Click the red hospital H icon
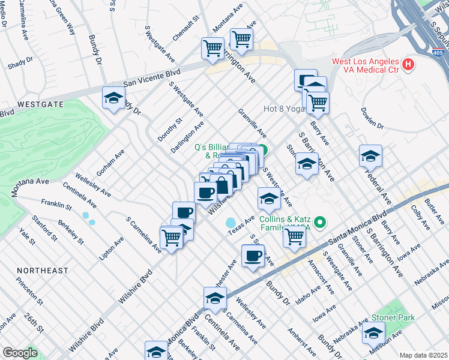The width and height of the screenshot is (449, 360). tap(408, 64)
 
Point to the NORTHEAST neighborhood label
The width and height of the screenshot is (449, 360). tap(43, 271)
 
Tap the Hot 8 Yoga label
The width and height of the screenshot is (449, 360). tap(285, 109)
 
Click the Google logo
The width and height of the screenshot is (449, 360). tap(20, 353)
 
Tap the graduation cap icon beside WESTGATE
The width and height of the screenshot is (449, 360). tap(112, 99)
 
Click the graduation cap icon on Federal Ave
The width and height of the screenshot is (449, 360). tap(370, 156)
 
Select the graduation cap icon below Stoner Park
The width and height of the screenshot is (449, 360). tap(373, 332)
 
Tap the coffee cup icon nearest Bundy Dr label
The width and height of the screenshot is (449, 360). tap(253, 256)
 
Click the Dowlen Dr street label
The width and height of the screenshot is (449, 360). tap(372, 118)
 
